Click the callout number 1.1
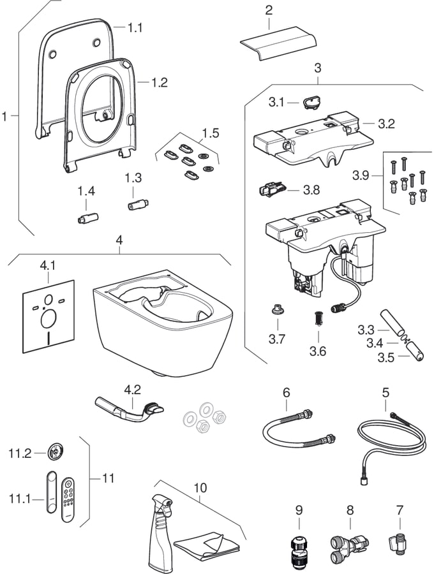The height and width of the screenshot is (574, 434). coord(135,28)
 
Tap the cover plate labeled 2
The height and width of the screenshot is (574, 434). coord(278,43)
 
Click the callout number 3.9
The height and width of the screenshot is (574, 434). coord(361,175)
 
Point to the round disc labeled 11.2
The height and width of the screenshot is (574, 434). coord(56,452)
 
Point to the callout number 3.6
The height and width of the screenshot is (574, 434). coord(318,351)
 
